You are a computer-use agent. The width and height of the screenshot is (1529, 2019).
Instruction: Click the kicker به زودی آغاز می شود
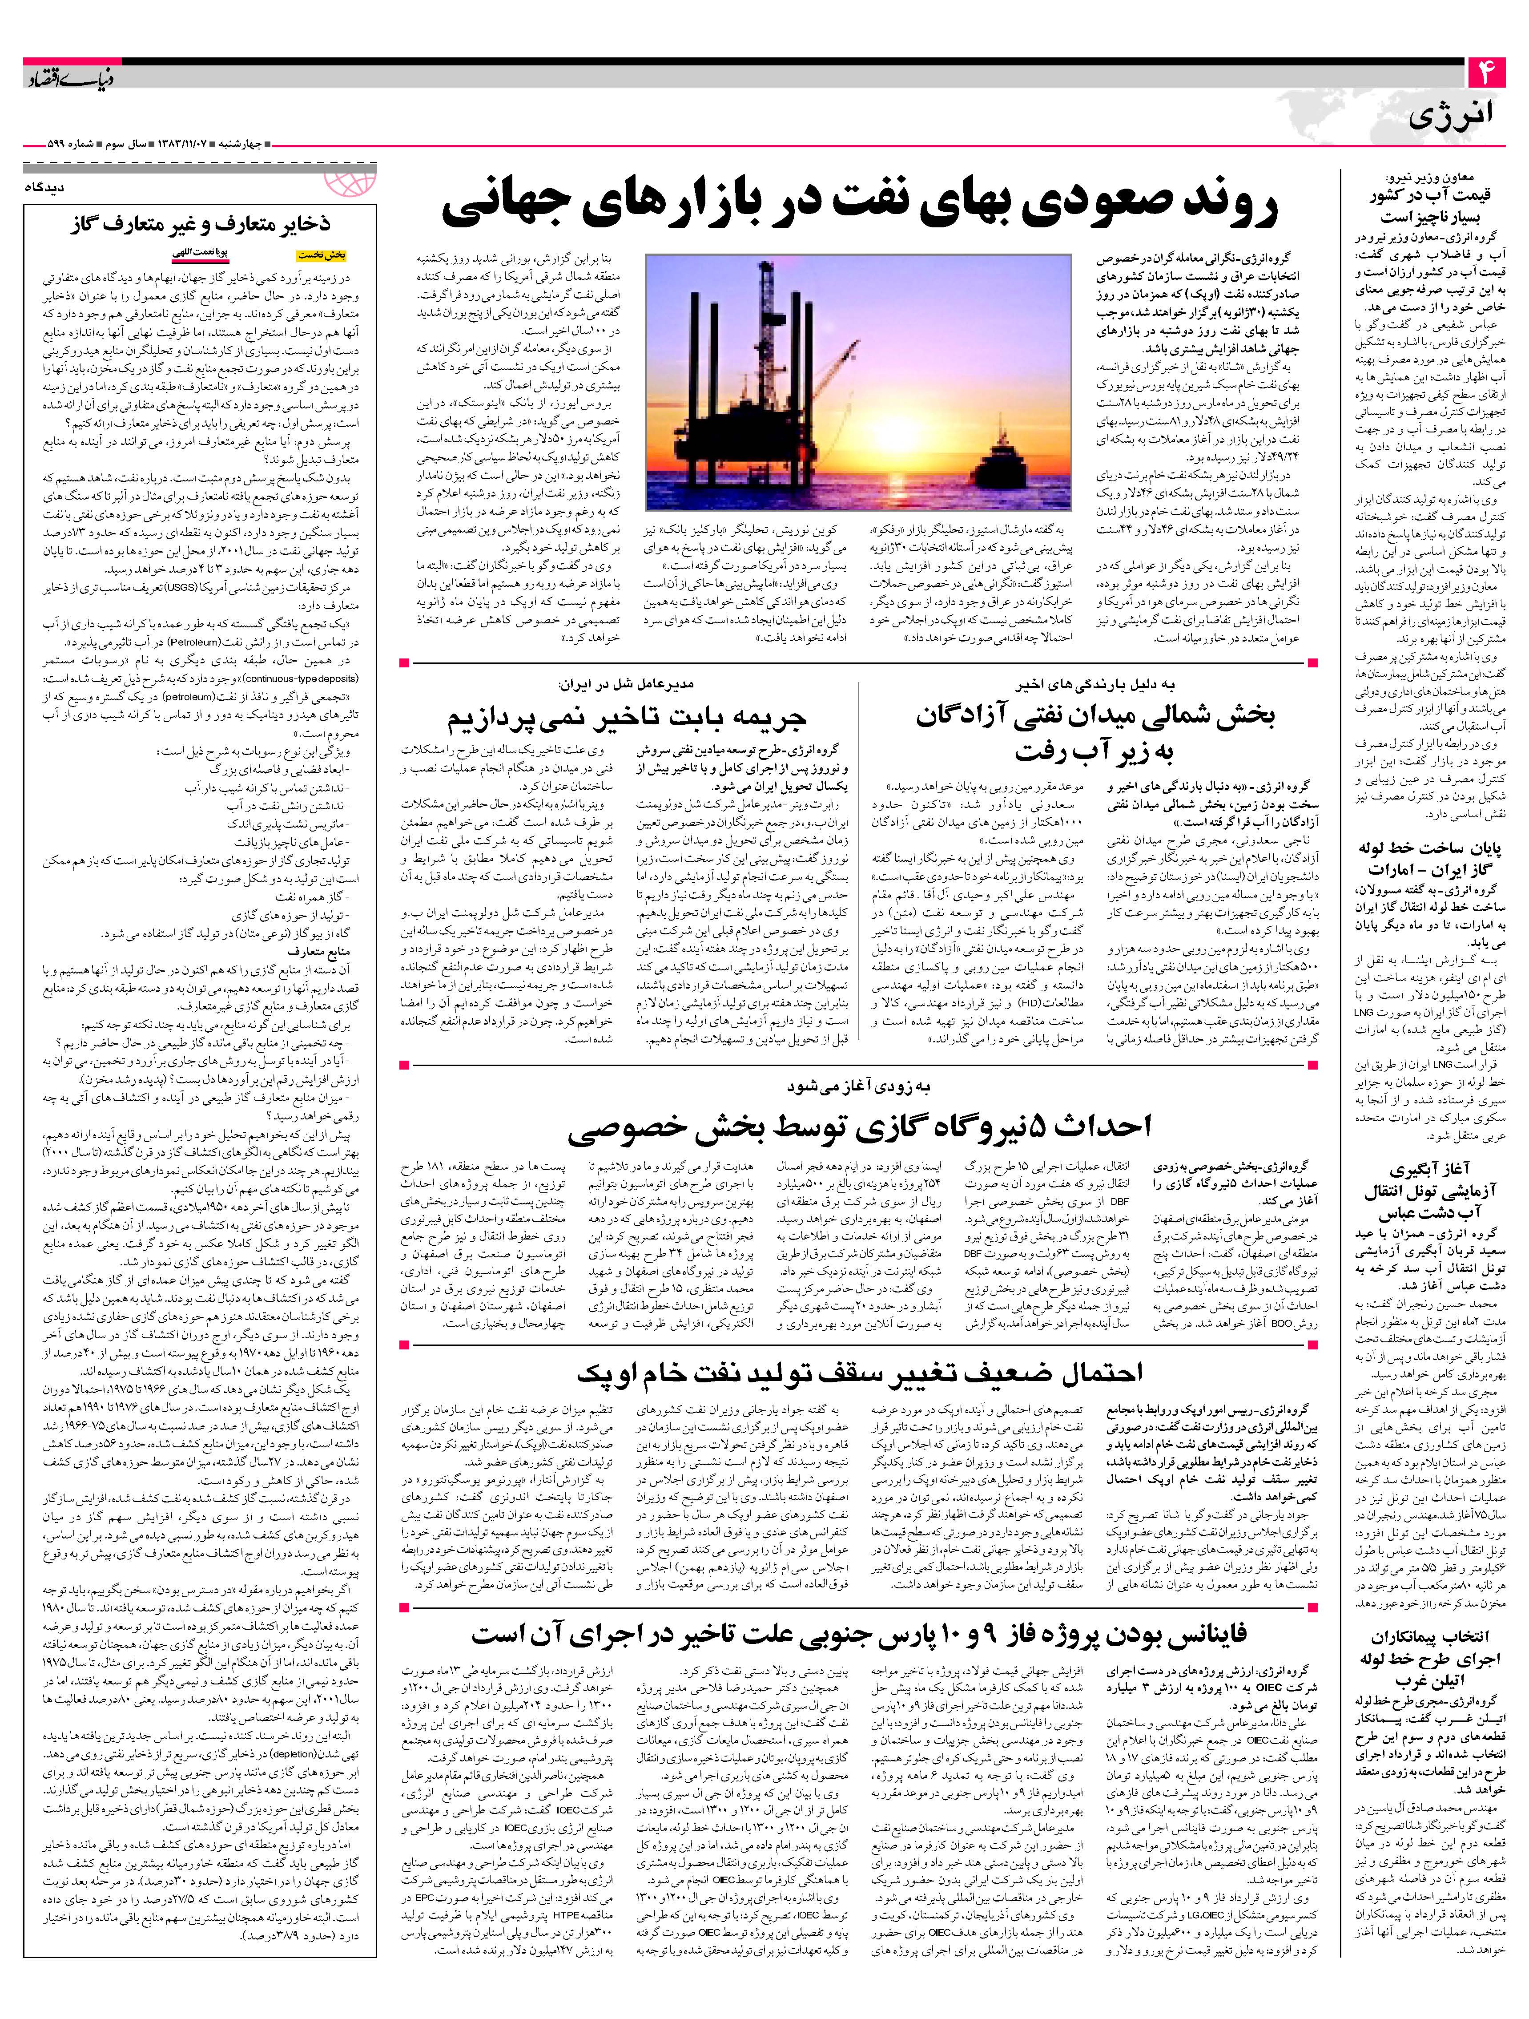(857, 1086)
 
